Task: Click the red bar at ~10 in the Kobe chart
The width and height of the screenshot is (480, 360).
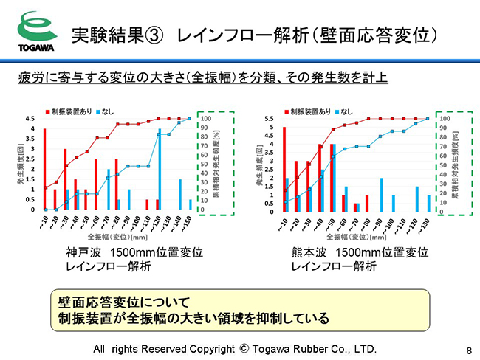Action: [45, 169]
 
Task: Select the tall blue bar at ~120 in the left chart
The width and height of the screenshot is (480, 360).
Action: [159, 169]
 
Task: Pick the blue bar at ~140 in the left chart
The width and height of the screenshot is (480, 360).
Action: [179, 194]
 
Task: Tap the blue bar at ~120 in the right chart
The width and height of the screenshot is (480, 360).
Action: [416, 199]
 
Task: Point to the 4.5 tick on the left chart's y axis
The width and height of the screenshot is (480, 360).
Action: [30, 119]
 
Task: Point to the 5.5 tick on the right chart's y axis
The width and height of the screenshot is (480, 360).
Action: [270, 119]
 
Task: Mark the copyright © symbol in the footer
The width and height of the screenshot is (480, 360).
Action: [246, 348]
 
